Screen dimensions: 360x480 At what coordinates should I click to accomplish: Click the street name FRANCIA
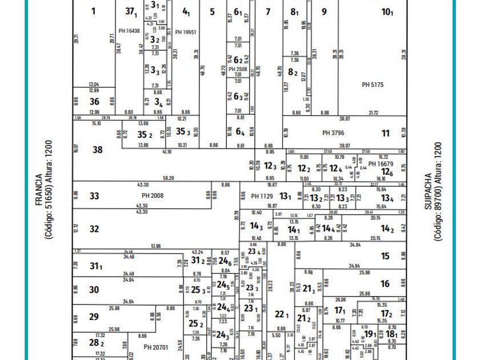(x=39, y=190)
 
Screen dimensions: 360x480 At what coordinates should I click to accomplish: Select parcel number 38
(x=98, y=150)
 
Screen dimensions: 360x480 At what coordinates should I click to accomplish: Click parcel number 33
(x=94, y=196)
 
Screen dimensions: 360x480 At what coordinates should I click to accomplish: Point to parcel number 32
(x=94, y=229)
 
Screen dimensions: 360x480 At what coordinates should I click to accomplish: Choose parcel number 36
(x=94, y=102)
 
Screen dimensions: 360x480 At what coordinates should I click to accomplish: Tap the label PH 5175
(x=373, y=85)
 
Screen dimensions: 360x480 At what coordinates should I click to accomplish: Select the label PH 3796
(x=333, y=133)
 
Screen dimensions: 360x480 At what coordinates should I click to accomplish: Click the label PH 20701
(x=156, y=347)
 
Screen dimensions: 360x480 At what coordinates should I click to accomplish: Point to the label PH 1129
(x=263, y=196)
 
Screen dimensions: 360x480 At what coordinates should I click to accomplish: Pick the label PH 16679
(x=381, y=164)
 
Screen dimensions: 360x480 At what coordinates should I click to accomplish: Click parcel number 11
(x=386, y=133)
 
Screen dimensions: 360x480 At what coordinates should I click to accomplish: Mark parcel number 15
(x=386, y=257)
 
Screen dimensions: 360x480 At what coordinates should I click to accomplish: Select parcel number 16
(x=385, y=283)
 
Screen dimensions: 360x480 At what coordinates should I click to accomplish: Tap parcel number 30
(x=94, y=290)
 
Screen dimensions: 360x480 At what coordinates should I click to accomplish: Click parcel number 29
(x=94, y=317)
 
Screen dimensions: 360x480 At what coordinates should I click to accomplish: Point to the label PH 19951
(x=186, y=33)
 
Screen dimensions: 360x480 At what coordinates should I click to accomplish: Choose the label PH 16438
(x=129, y=31)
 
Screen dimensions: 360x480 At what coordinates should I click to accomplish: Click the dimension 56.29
(x=168, y=178)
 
